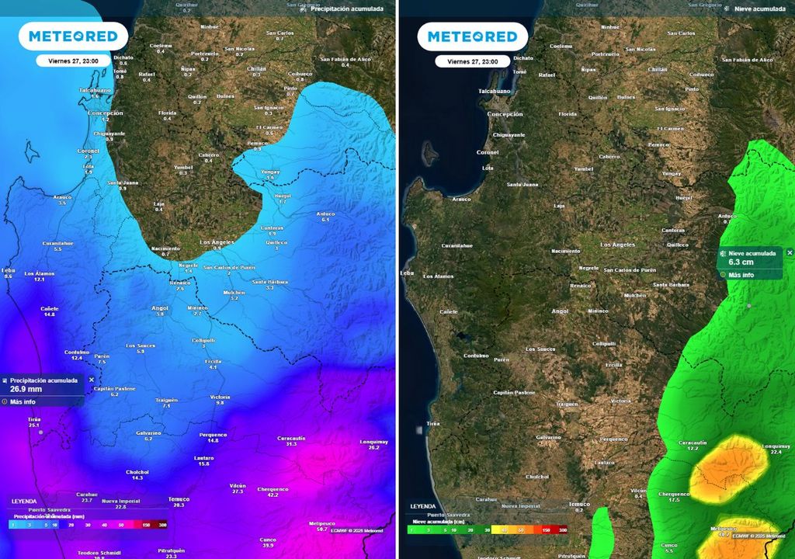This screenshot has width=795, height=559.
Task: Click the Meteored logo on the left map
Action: pyautogui.click(x=74, y=36)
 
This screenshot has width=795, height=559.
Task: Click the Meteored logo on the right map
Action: pyautogui.click(x=472, y=36)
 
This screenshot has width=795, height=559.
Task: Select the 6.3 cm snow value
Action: pyautogui.click(x=741, y=262)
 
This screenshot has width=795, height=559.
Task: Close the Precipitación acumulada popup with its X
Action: pyautogui.click(x=92, y=380)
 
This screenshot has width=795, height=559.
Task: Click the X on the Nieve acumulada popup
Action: pyautogui.click(x=790, y=253)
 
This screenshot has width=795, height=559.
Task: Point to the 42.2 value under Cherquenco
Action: pyautogui.click(x=273, y=495)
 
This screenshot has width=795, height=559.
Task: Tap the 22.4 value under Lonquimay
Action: pyautogui.click(x=776, y=452)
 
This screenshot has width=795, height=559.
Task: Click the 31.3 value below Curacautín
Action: pyautogui.click(x=292, y=444)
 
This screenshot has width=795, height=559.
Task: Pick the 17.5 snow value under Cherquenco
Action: pyautogui.click(x=673, y=500)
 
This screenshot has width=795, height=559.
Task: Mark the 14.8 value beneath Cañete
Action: pyautogui.click(x=50, y=314)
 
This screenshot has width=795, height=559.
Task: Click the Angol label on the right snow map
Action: pyautogui.click(x=560, y=311)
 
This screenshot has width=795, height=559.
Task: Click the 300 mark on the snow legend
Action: pyautogui.click(x=561, y=529)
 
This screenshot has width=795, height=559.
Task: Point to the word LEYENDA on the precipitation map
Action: pyautogui.click(x=24, y=502)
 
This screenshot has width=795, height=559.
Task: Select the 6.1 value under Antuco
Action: pyautogui.click(x=325, y=220)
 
